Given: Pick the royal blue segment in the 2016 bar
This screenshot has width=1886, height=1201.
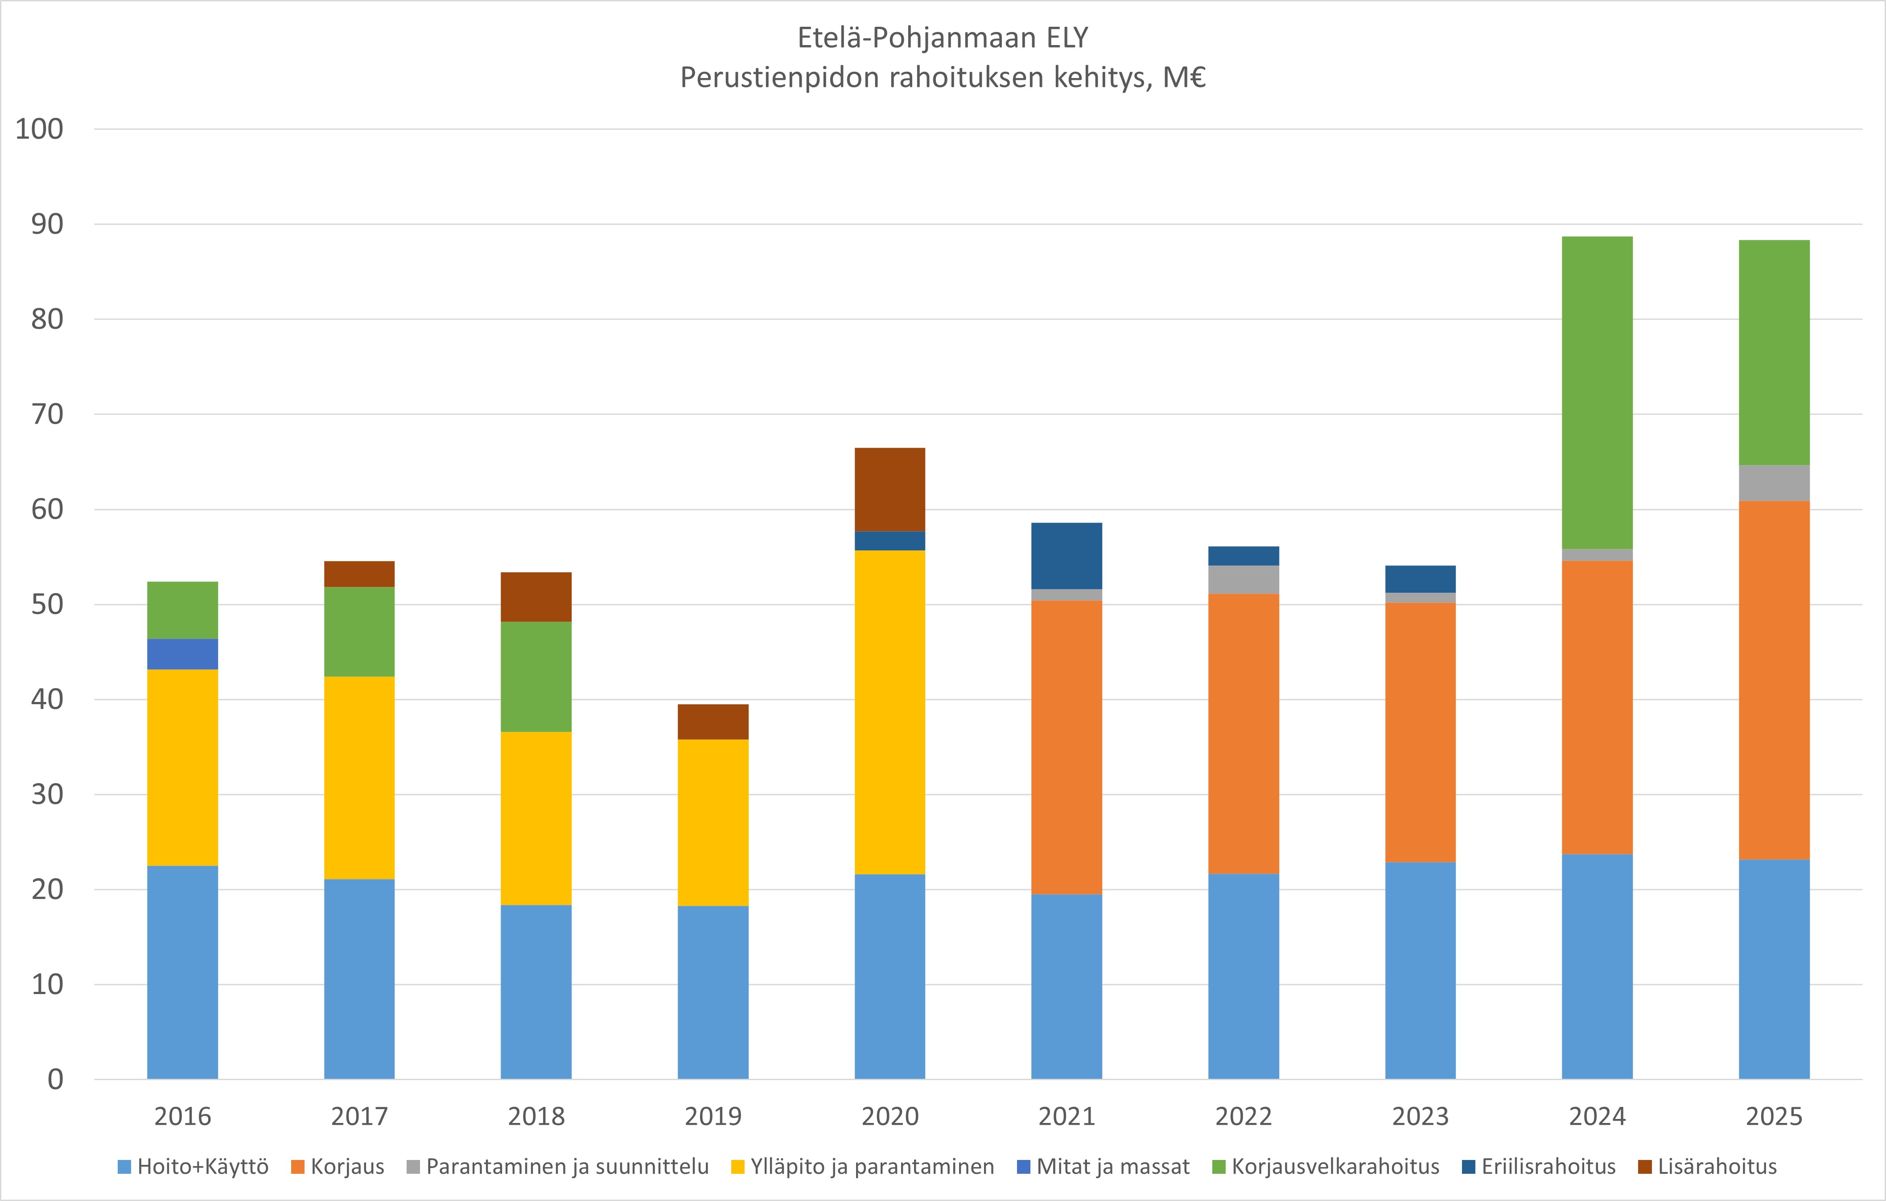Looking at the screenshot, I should (182, 654).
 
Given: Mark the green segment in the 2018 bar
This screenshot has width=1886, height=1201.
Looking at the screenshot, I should (536, 676).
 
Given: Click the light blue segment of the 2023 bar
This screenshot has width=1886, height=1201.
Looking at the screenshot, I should (1420, 970).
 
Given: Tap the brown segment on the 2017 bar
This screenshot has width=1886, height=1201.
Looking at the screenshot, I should (359, 574).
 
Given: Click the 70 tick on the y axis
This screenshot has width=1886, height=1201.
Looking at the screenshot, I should (47, 414).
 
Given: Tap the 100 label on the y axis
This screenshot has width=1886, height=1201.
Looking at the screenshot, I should (39, 129).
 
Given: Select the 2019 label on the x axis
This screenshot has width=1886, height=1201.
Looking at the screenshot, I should (713, 1116).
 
